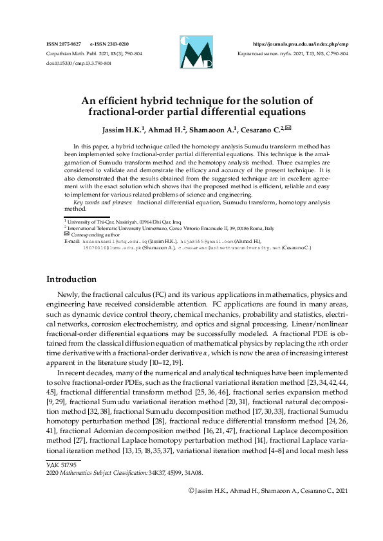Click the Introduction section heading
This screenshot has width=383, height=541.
coord(71,279)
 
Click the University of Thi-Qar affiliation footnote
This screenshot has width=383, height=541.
coord(106,221)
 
